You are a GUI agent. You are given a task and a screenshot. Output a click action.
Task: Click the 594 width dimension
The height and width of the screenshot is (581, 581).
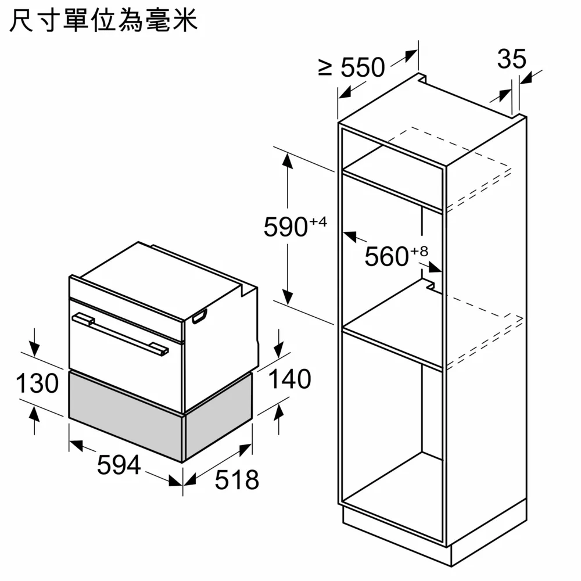(119, 465)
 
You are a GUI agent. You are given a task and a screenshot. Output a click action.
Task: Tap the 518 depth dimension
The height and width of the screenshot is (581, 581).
(237, 480)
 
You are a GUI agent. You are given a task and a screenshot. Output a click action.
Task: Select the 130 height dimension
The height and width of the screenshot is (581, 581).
(37, 383)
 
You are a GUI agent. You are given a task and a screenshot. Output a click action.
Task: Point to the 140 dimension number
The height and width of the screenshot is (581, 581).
(289, 379)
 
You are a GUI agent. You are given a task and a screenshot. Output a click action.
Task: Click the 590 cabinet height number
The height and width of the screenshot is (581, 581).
(286, 227)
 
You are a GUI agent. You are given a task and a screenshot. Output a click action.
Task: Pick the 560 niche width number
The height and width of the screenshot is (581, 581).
(387, 256)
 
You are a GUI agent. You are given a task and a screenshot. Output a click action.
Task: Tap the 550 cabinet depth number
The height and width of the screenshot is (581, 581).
(363, 67)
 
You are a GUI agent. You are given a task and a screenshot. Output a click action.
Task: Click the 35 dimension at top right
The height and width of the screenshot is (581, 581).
(512, 59)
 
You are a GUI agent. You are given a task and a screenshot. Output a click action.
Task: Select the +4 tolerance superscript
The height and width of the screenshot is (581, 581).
(318, 221)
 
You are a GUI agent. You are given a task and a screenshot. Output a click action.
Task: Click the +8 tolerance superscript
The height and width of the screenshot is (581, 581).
(419, 252)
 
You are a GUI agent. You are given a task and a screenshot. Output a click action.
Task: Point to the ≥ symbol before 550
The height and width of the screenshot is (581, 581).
(325, 68)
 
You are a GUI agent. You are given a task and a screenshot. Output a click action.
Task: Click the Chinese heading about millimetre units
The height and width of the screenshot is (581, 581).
(104, 21)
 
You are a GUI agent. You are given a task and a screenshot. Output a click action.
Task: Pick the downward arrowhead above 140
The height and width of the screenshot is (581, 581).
(278, 350)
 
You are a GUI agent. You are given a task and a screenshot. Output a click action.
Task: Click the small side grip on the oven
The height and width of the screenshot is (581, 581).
(200, 317)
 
